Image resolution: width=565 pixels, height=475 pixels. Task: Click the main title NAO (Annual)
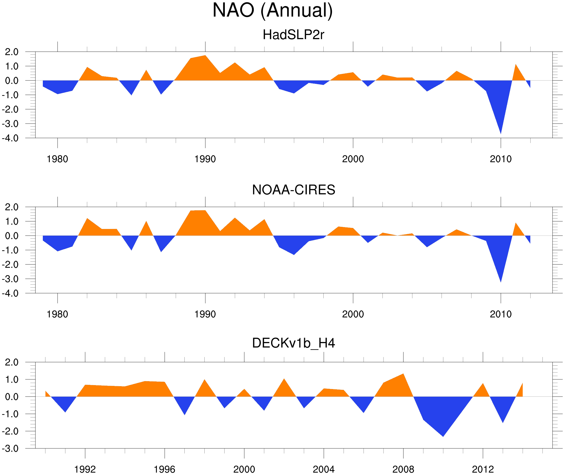pos(272,11)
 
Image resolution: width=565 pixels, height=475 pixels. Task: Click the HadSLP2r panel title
pos(293,35)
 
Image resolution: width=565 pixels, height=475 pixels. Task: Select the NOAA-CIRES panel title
pos(293,190)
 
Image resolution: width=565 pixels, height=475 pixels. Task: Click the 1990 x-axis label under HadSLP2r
pos(205,159)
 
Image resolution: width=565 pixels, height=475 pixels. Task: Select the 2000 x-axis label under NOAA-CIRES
pos(353,314)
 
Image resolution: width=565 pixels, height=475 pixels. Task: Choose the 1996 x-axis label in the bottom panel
pos(164,469)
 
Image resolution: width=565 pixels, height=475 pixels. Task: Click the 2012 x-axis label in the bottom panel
pos(483,469)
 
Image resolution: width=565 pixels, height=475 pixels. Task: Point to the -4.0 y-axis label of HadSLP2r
pos(10,139)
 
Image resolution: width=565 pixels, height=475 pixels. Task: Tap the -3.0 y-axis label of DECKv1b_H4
pos(10,449)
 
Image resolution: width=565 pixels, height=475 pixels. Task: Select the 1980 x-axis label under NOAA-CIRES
pos(57,314)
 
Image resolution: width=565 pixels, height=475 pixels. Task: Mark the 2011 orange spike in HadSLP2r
pos(516,65)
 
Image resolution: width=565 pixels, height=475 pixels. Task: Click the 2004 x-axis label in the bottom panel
pos(323,469)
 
